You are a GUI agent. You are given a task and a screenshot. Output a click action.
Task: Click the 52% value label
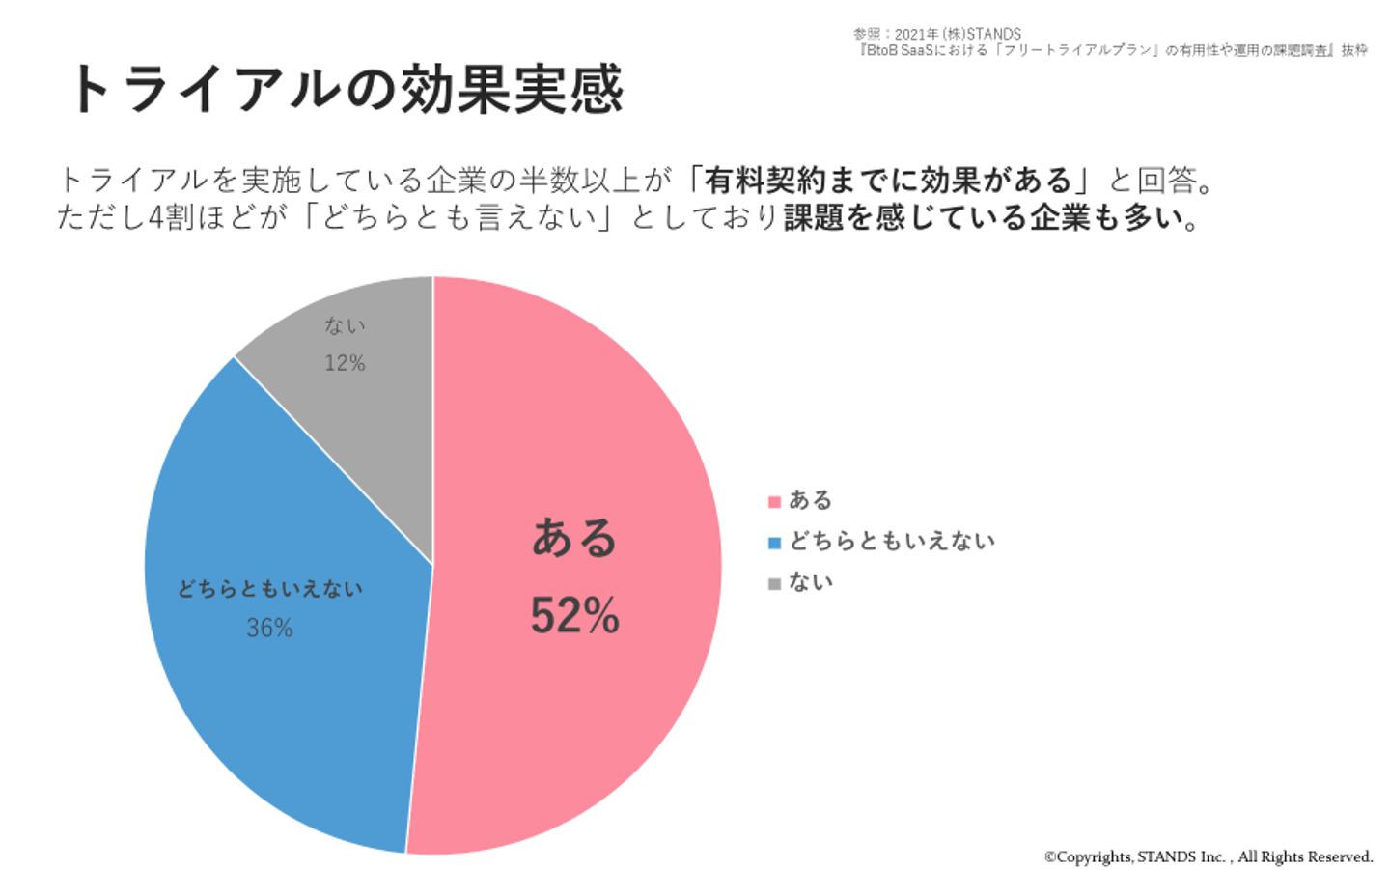tap(574, 615)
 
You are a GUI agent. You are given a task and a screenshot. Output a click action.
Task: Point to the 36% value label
tap(269, 629)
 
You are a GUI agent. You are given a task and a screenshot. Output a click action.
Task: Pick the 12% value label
tap(345, 363)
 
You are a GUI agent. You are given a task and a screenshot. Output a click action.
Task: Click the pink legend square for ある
tap(774, 502)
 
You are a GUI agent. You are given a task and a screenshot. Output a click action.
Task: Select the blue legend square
tap(774, 543)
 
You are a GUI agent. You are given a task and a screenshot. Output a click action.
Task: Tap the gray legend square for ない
tap(774, 583)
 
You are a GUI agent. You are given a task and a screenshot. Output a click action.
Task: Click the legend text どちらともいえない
tap(892, 542)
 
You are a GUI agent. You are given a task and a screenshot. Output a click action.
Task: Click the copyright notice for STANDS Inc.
tap(1208, 856)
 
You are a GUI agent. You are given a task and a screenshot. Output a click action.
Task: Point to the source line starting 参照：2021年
tap(936, 34)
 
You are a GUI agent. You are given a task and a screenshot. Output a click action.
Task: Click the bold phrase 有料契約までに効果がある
tap(888, 180)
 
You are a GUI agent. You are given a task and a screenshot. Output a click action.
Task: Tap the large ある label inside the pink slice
tap(574, 538)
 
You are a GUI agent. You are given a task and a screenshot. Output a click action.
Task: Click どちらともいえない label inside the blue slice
tap(270, 589)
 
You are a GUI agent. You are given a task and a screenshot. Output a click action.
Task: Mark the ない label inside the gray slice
tap(345, 326)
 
